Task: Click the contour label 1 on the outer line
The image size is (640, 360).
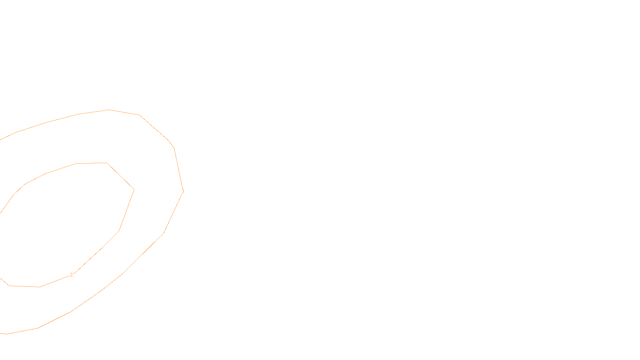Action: pyautogui.click(x=183, y=191)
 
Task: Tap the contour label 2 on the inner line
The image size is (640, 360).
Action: pyautogui.click(x=71, y=275)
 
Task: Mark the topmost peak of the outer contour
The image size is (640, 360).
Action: pyautogui.click(x=108, y=110)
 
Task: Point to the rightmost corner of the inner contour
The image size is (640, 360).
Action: pyautogui.click(x=134, y=190)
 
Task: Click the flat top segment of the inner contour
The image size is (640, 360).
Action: pyautogui.click(x=92, y=163)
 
